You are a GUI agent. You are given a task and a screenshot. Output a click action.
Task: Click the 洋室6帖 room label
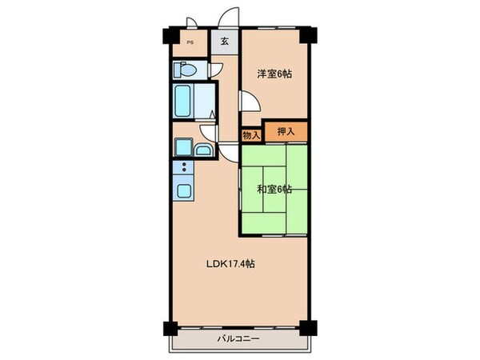pyautogui.click(x=274, y=74)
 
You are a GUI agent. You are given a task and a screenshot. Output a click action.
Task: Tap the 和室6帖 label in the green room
pyautogui.click(x=274, y=190)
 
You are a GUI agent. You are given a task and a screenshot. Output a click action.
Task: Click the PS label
pyautogui.click(x=190, y=43)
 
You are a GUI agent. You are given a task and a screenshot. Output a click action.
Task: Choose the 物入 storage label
pyautogui.click(x=250, y=135)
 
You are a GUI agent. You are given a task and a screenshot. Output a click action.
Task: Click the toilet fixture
pyautogui.click(x=183, y=70)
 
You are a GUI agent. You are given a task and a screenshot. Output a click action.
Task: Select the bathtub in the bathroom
pyautogui.click(x=183, y=102)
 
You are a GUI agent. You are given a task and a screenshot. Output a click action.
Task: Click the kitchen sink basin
pyautogui.click(x=183, y=192)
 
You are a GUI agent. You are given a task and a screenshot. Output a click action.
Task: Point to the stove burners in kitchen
pyautogui.click(x=183, y=169)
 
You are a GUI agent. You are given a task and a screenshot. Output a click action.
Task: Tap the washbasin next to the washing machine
pyautogui.click(x=203, y=150)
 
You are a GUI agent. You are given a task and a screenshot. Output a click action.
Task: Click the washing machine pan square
pyautogui.click(x=183, y=148)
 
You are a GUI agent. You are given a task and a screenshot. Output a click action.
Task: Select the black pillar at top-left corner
pyautogui.click(x=169, y=36)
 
